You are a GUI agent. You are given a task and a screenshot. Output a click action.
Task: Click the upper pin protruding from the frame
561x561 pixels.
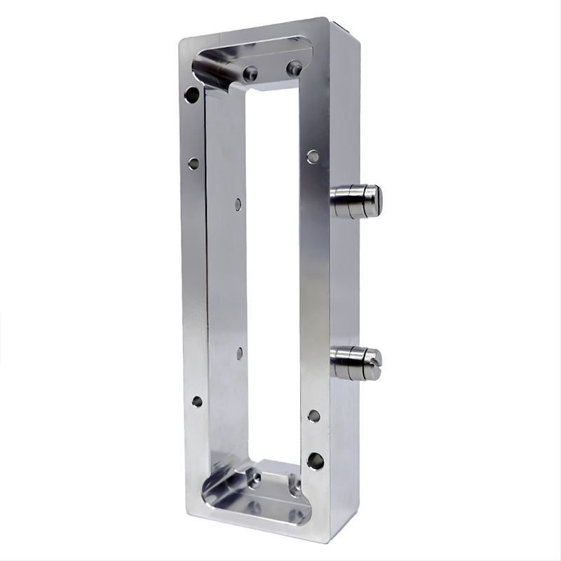point(356,201)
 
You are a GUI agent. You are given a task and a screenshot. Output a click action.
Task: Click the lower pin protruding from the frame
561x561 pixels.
point(356,363)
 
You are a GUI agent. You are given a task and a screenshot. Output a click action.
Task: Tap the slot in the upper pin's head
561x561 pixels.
point(377,201)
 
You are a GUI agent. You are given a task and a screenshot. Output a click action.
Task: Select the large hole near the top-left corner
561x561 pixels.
point(191,95)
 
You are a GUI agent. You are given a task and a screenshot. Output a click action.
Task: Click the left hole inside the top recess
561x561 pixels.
point(250,73)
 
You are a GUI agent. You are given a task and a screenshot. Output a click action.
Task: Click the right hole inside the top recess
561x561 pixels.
point(294,68)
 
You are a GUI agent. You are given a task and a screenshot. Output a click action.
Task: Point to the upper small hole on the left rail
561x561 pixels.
point(194,163)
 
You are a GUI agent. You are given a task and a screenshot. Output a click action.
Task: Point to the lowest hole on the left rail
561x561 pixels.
point(197,402)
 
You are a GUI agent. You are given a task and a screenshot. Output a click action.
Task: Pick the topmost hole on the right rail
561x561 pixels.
point(313,156)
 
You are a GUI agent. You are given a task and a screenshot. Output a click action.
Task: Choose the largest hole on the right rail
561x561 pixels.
point(316,461)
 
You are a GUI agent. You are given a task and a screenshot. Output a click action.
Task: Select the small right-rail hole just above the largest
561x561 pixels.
point(313,416)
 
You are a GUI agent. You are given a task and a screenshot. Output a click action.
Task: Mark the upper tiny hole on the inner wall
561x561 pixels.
point(238,204)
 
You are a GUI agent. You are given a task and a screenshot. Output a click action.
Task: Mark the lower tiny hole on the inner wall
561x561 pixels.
point(239,353)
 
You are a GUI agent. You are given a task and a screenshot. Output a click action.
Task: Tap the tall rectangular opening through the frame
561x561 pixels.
point(273,273)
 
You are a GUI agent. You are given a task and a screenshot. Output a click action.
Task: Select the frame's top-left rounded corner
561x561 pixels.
point(184,42)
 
